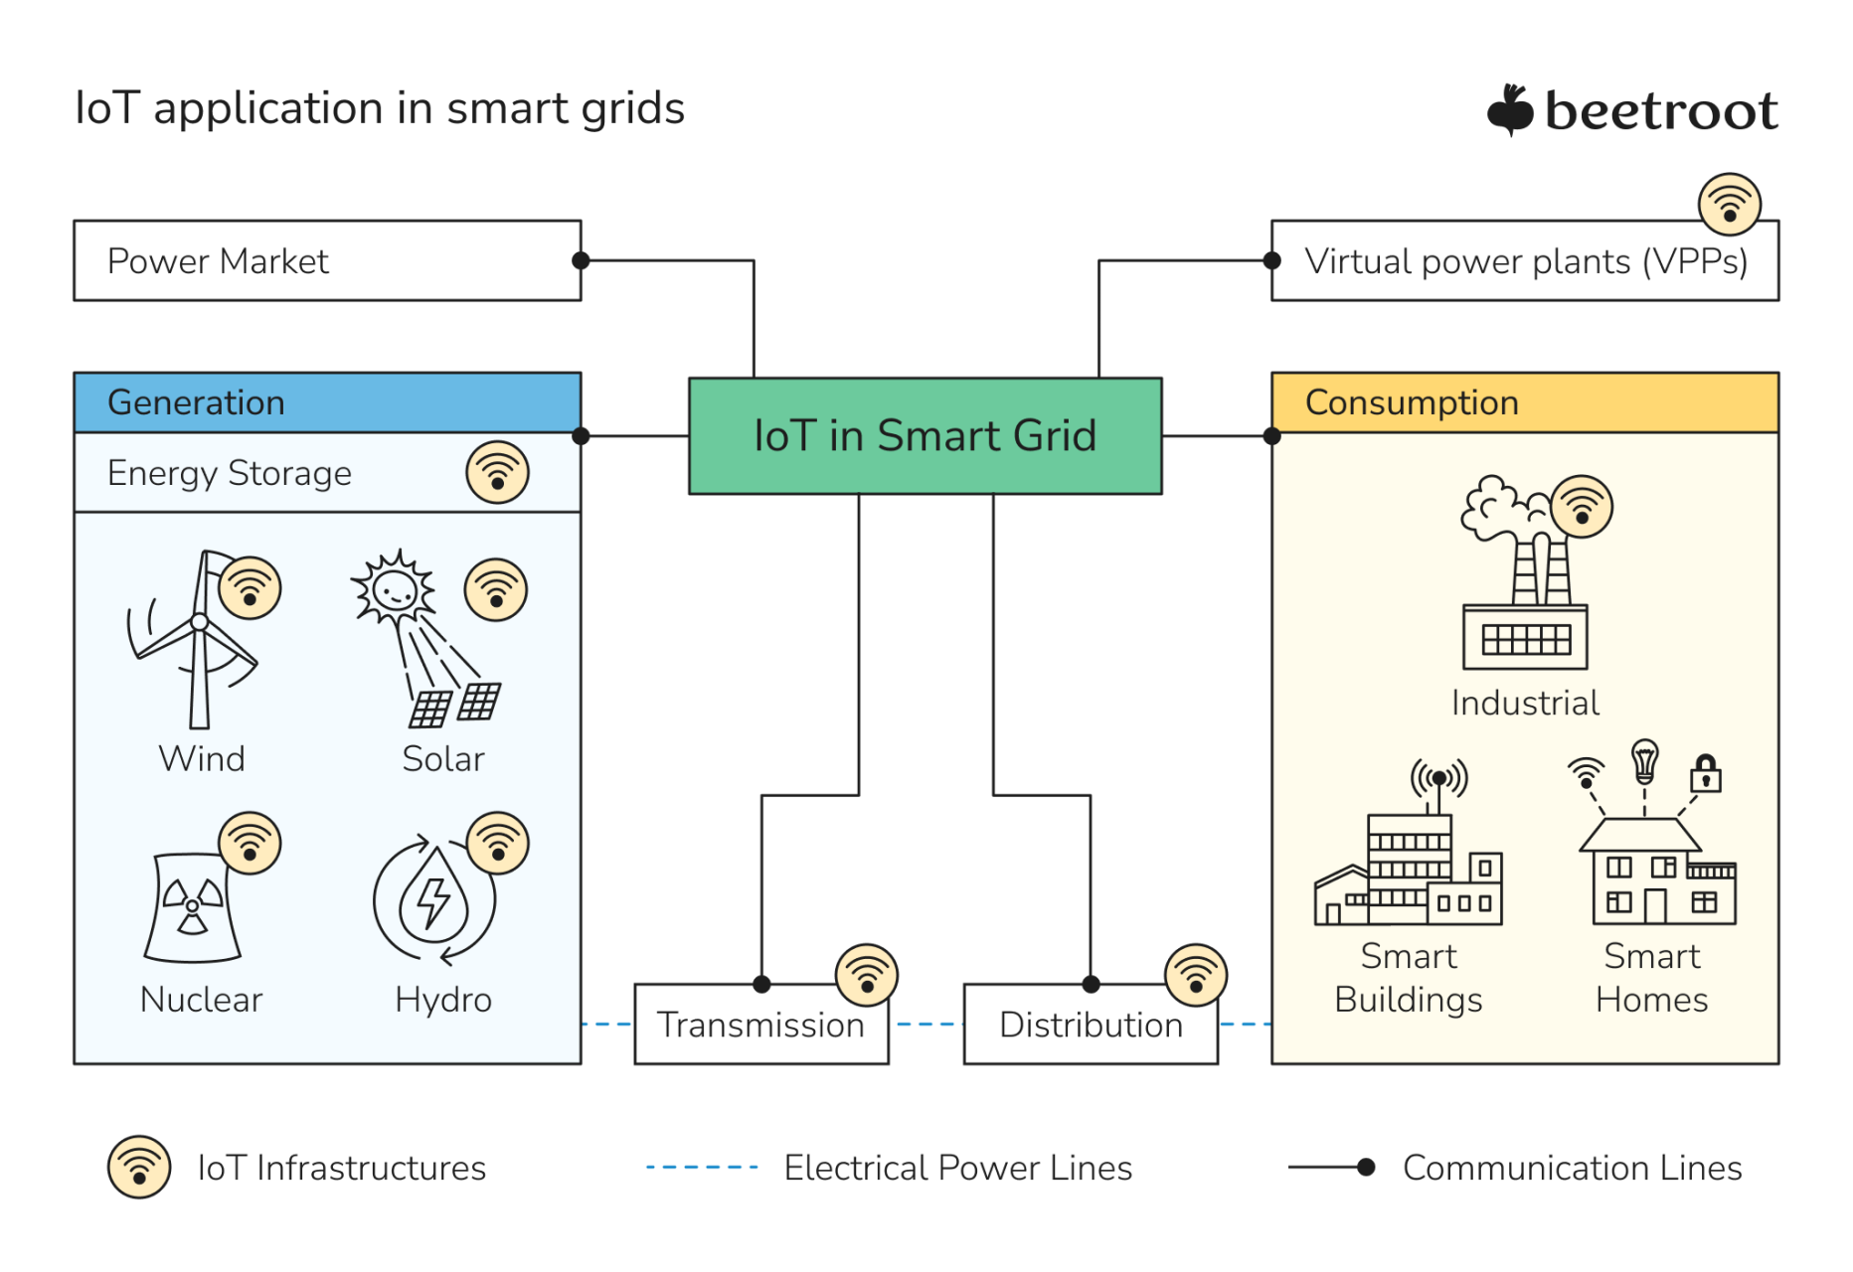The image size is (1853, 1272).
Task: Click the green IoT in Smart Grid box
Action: point(925,435)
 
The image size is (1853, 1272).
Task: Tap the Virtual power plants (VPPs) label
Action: point(1525,261)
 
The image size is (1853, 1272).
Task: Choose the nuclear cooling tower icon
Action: point(192,907)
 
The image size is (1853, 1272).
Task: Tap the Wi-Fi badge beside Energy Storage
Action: point(497,472)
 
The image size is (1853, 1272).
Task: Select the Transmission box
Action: point(760,1024)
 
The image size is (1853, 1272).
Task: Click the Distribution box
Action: point(1091,1024)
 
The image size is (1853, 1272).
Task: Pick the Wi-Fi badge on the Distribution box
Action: point(1195,974)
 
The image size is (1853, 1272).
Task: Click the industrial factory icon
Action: point(1524,596)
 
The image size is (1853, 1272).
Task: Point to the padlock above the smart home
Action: point(1706,772)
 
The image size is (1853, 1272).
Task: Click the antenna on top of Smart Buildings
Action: point(1438,781)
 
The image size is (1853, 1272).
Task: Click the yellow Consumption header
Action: point(1524,402)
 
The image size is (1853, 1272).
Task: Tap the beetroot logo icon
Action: point(1510,109)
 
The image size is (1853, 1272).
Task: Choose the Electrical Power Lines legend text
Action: point(957,1168)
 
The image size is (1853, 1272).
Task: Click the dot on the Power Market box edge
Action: point(581,260)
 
